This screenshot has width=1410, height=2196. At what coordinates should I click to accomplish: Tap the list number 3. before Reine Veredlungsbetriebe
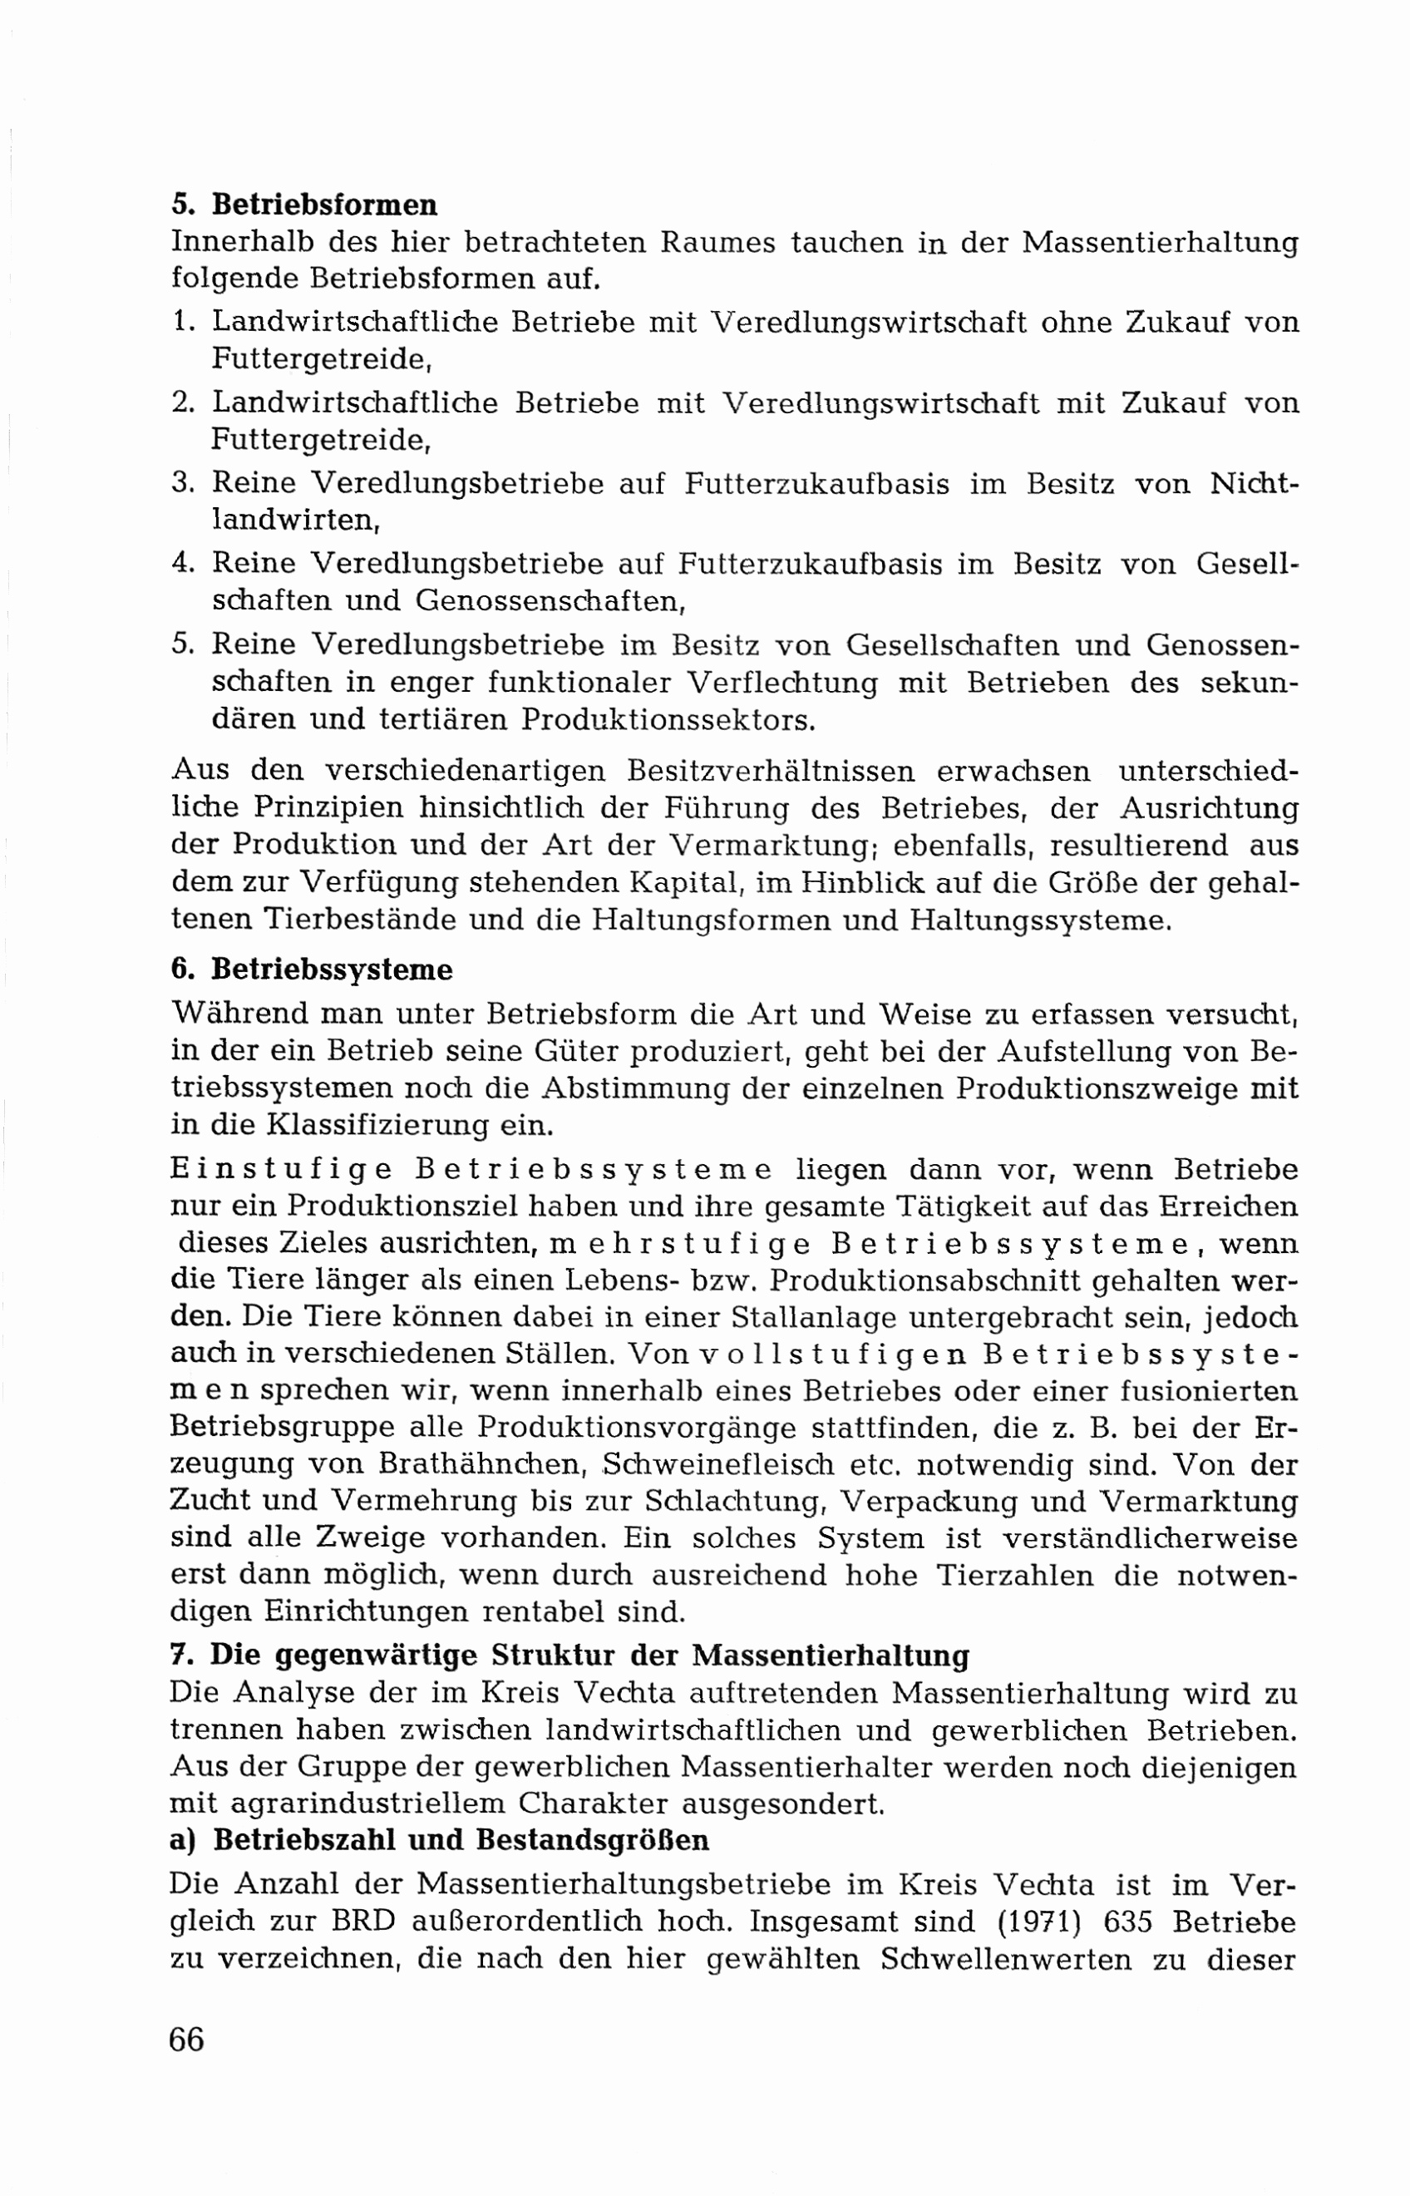pos(182,484)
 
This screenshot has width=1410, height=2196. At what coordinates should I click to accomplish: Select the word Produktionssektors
pos(668,720)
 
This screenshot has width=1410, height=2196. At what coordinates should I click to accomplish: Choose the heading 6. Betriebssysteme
pos(311,970)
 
